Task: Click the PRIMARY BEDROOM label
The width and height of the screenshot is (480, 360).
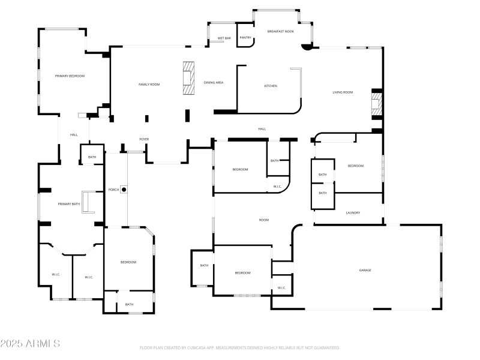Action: pos(70,76)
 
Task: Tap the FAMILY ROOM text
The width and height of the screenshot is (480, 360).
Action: pos(149,85)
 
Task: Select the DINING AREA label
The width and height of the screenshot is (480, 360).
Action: pos(214,82)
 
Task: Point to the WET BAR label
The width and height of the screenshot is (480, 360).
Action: pos(224,38)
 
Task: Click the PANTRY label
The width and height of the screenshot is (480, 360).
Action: pos(245,38)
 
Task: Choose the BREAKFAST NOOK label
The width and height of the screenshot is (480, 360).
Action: pos(280,31)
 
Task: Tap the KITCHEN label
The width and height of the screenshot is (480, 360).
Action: pos(271,86)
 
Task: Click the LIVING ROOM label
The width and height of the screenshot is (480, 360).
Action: pos(343,92)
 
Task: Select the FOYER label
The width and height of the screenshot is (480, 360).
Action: pos(144,139)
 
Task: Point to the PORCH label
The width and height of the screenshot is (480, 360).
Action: pos(113,190)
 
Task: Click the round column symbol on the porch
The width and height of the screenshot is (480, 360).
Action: pos(124,190)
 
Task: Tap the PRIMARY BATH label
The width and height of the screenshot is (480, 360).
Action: pos(68,205)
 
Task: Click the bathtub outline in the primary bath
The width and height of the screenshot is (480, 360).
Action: pos(88,202)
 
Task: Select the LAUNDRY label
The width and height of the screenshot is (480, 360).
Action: pos(353,213)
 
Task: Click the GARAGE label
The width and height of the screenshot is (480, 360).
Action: pos(365,271)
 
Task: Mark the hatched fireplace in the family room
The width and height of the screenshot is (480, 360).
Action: pos(189,78)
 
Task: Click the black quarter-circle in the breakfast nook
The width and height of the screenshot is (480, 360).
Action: pos(307,46)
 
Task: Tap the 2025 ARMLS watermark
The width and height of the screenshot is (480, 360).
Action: pos(30,344)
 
